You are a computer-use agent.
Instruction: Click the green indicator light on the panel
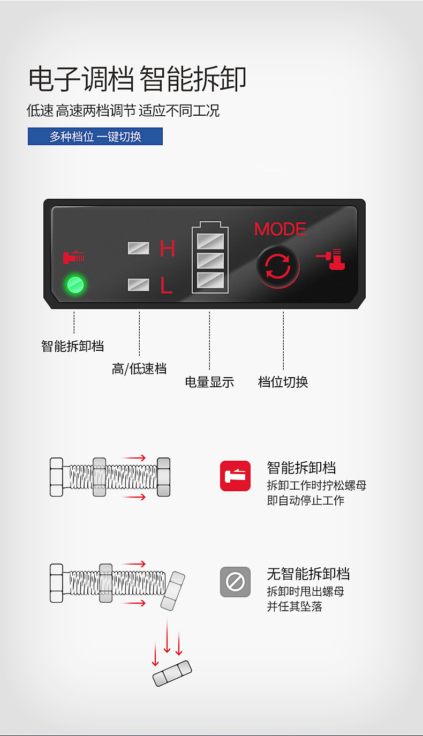pyautogui.click(x=75, y=284)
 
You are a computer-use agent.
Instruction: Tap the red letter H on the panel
pyautogui.click(x=168, y=248)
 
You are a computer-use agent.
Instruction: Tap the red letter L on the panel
pyautogui.click(x=167, y=285)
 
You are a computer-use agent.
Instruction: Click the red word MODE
pyautogui.click(x=280, y=229)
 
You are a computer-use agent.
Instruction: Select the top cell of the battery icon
pyautogui.click(x=210, y=241)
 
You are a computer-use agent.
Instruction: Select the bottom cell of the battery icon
pyautogui.click(x=210, y=280)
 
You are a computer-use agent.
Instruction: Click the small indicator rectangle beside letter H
pyautogui.click(x=138, y=248)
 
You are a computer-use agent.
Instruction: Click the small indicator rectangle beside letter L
pyautogui.click(x=138, y=284)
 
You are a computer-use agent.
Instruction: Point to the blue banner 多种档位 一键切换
pyautogui.click(x=95, y=137)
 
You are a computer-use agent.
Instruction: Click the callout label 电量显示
pyautogui.click(x=209, y=382)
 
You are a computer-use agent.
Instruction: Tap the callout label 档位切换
pyautogui.click(x=283, y=382)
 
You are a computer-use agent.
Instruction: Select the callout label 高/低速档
pyautogui.click(x=139, y=369)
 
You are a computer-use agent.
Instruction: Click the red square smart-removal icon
pyautogui.click(x=235, y=476)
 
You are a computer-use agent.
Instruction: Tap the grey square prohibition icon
pyautogui.click(x=235, y=582)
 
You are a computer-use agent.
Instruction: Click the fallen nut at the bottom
pyautogui.click(x=172, y=673)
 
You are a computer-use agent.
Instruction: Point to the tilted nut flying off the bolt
pyautogui.click(x=173, y=591)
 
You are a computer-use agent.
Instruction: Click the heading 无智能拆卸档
pyautogui.click(x=308, y=574)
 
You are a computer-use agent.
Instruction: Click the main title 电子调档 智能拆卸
pyautogui.click(x=137, y=79)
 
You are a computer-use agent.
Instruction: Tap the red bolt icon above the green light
pyautogui.click(x=73, y=257)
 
